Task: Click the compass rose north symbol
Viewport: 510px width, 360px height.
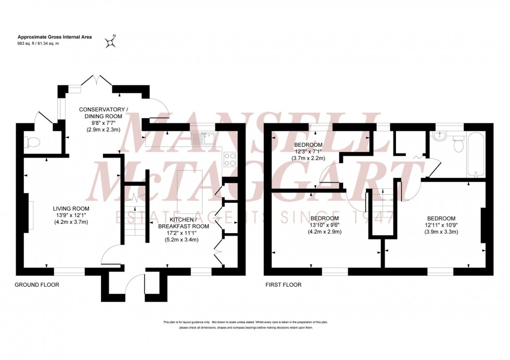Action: [x=110, y=42]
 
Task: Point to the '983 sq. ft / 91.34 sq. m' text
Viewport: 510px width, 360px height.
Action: [x=39, y=44]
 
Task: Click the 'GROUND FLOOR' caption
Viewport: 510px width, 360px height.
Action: [x=36, y=285]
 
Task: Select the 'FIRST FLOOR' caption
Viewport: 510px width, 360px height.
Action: [x=283, y=285]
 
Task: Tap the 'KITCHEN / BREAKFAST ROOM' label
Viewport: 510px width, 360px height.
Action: [x=184, y=223]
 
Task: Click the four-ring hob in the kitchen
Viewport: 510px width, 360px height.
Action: [x=231, y=157]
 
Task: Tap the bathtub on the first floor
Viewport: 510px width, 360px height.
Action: [x=475, y=155]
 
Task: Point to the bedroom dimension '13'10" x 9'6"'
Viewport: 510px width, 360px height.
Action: [x=325, y=225]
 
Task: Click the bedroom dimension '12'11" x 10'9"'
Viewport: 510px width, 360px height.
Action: [x=441, y=225]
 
